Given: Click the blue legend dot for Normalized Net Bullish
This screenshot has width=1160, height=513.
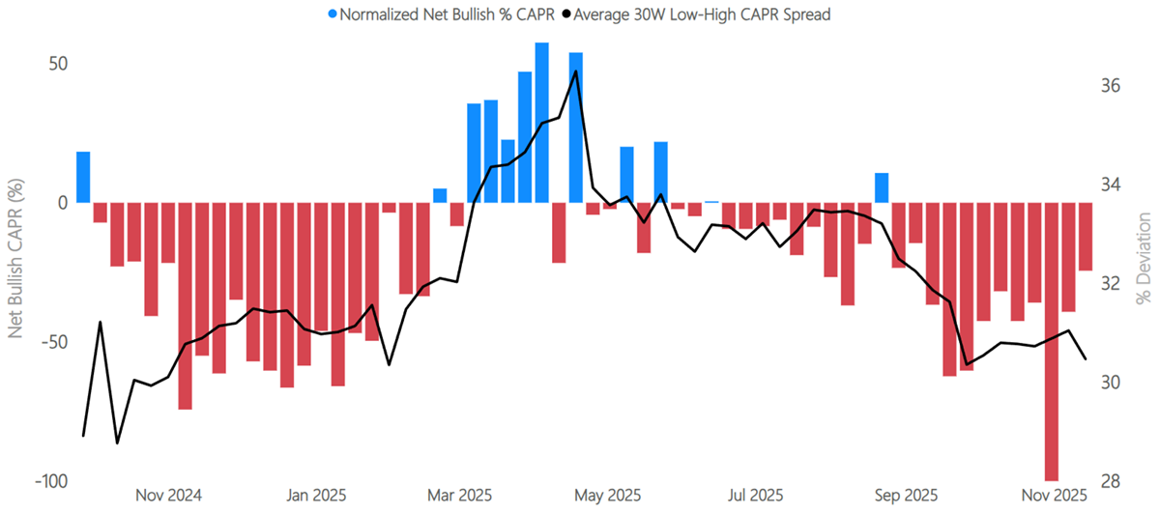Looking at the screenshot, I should pyautogui.click(x=333, y=14).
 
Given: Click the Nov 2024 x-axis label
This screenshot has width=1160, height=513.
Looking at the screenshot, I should pyautogui.click(x=168, y=496).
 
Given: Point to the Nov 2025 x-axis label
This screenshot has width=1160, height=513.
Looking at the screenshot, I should pyautogui.click(x=1052, y=496).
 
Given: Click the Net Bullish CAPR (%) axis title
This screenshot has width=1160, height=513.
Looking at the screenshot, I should pyautogui.click(x=16, y=257).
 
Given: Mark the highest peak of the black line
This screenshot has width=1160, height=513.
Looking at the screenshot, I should pyautogui.click(x=576, y=71).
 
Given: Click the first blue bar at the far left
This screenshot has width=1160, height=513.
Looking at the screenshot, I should pyautogui.click(x=83, y=177).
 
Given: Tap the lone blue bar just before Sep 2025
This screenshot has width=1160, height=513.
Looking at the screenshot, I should pyautogui.click(x=881, y=187).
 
